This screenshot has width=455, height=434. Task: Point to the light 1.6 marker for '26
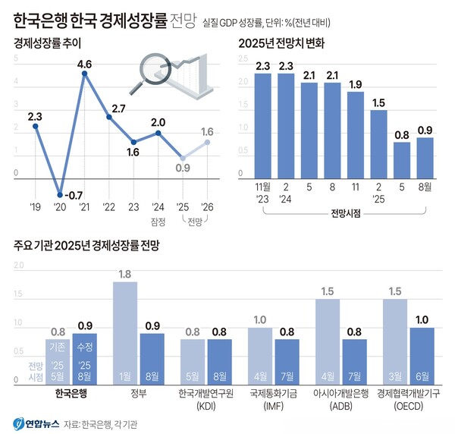(x=207, y=142)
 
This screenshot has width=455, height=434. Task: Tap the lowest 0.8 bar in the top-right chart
(x=402, y=161)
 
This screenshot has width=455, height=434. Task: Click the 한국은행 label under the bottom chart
(x=71, y=393)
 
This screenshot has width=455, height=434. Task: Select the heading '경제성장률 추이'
(x=48, y=43)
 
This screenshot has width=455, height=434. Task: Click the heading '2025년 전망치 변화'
(x=281, y=43)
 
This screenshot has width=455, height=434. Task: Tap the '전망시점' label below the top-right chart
(x=345, y=215)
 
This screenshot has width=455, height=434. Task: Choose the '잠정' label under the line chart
(x=158, y=221)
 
